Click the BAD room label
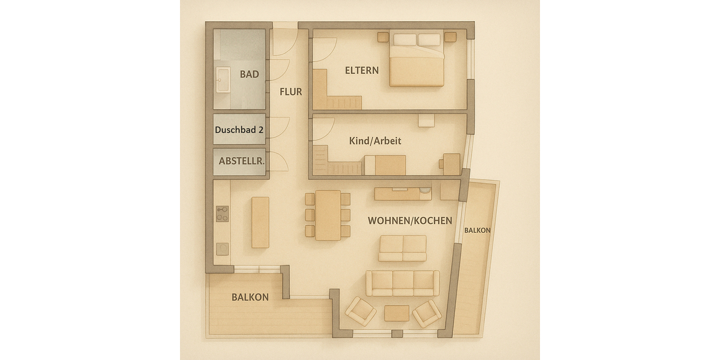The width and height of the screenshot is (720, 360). [x=249, y=74]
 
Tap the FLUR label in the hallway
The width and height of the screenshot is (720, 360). [x=290, y=92]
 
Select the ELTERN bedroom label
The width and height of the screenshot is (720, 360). [x=362, y=70]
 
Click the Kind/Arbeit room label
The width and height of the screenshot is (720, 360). [x=375, y=141]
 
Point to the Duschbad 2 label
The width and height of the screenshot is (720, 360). [x=239, y=129]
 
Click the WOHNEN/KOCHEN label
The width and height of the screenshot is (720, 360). [x=410, y=221]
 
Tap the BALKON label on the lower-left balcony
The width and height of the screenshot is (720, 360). [x=250, y=297]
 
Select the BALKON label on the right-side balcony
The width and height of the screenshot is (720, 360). [x=478, y=230]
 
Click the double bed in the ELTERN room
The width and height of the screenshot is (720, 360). [x=417, y=60]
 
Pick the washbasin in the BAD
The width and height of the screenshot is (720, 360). [x=223, y=80]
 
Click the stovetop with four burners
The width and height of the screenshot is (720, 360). [x=222, y=214]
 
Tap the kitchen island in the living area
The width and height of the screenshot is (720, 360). [x=260, y=222]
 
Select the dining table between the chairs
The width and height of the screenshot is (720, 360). [x=328, y=215]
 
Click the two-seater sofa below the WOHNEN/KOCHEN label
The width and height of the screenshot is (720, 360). [x=402, y=248]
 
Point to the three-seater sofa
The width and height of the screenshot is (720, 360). [x=402, y=283]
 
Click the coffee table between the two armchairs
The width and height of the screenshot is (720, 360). [x=396, y=313]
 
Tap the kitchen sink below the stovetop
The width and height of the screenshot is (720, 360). [x=222, y=248]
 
